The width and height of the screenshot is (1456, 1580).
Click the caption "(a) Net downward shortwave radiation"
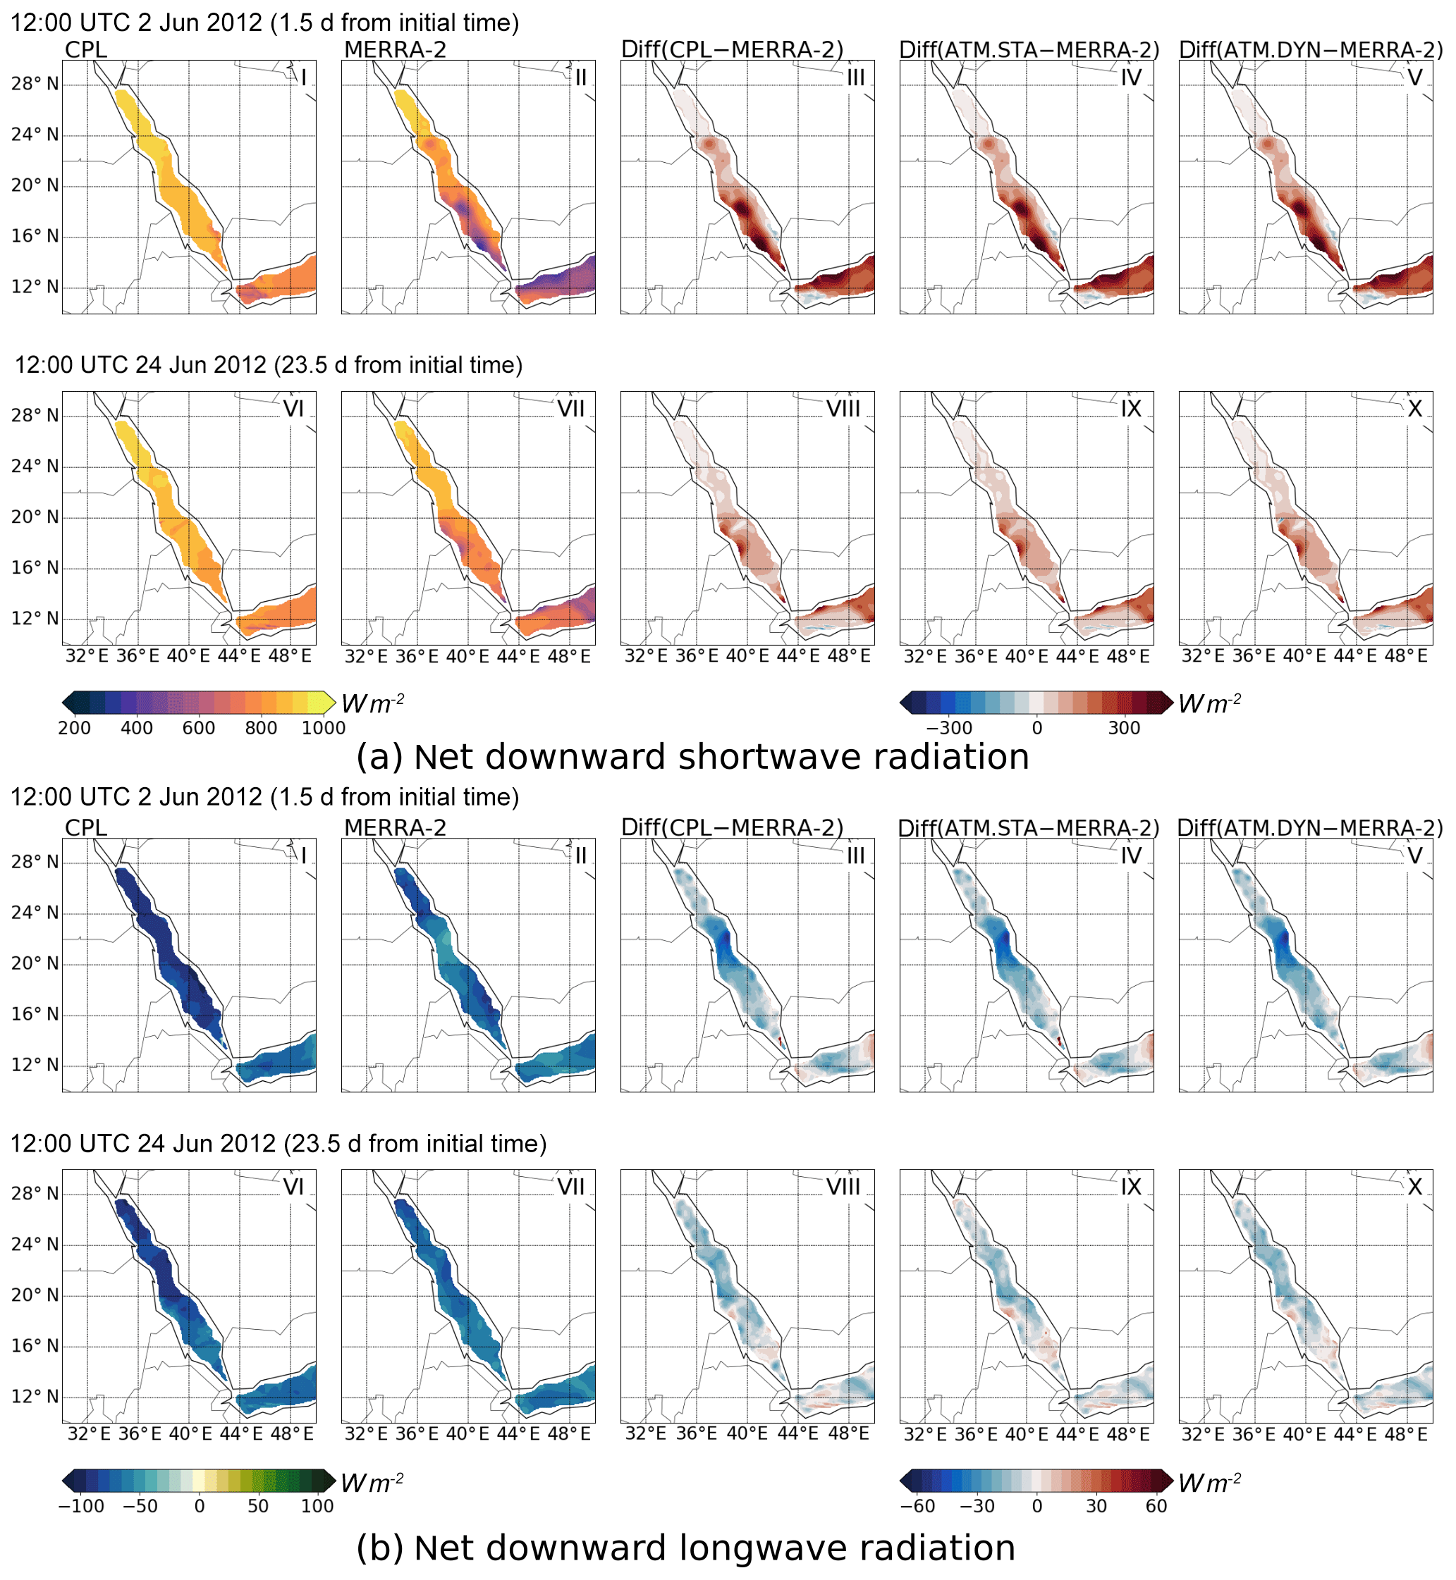pyautogui.click(x=692, y=757)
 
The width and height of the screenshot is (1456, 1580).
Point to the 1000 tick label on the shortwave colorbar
pyautogui.click(x=323, y=728)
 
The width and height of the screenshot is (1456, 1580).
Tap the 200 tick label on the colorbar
pyautogui.click(x=74, y=728)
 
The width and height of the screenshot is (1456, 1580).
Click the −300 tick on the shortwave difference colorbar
pyautogui.click(x=948, y=728)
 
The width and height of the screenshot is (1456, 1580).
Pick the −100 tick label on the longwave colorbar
pyautogui.click(x=81, y=1506)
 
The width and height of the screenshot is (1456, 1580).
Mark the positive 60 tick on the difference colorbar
pyautogui.click(x=1156, y=1506)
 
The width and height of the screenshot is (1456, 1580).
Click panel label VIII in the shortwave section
pyautogui.click(x=843, y=409)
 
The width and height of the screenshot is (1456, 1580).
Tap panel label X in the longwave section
pyautogui.click(x=1415, y=1187)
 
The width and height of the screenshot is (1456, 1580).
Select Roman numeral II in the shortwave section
pyautogui.click(x=581, y=78)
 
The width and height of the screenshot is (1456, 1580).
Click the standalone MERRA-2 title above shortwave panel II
pyautogui.click(x=395, y=49)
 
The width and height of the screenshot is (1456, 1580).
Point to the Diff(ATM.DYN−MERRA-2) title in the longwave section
pyautogui.click(x=1309, y=828)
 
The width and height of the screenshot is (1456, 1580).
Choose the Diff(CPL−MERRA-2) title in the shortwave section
pyautogui.click(x=732, y=49)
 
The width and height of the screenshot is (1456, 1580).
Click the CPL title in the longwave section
pyautogui.click(x=86, y=828)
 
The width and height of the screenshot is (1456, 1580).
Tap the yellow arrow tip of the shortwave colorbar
pyautogui.click(x=329, y=703)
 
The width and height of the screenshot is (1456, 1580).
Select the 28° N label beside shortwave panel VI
pyautogui.click(x=35, y=415)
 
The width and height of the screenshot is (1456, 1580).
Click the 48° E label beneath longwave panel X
pyautogui.click(x=1407, y=1434)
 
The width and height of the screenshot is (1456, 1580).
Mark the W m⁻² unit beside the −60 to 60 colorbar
pyautogui.click(x=1209, y=1483)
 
